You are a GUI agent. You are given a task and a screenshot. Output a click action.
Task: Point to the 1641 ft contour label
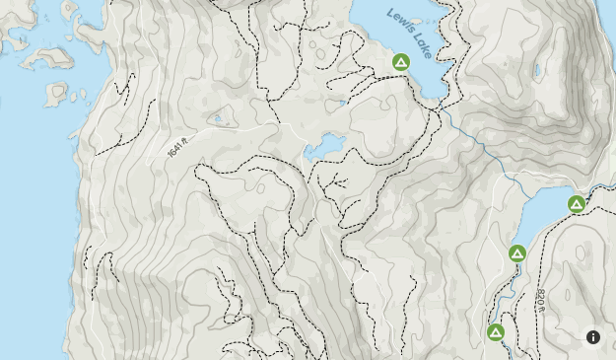[x=176, y=150]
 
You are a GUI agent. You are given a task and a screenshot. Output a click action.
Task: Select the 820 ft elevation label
[x=541, y=297]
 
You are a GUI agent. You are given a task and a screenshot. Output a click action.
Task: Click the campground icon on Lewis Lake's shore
[x=401, y=62]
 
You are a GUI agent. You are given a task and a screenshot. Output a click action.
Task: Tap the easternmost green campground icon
[x=577, y=204]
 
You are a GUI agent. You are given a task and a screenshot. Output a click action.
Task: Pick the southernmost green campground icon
[x=496, y=332]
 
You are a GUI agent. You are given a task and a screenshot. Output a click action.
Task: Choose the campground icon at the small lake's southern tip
[x=517, y=253]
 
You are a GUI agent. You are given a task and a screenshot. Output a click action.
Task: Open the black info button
[x=593, y=337]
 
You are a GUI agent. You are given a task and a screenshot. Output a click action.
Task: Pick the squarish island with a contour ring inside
[x=57, y=95]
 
